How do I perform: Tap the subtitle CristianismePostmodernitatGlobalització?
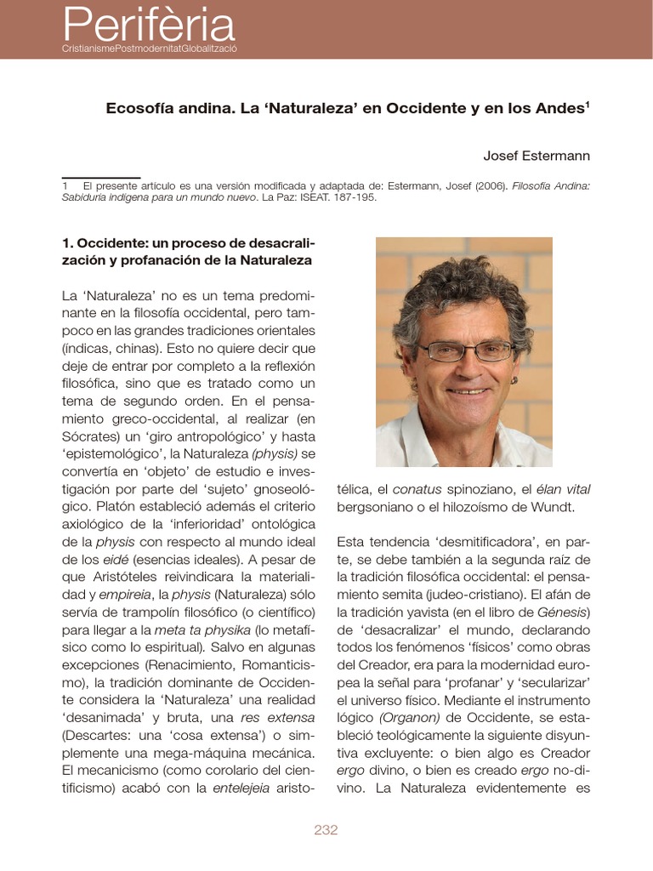(149, 48)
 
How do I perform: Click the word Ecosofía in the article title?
(139, 109)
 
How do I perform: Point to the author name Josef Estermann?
(537, 156)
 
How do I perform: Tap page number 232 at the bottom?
(326, 830)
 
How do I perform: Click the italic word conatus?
(417, 489)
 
